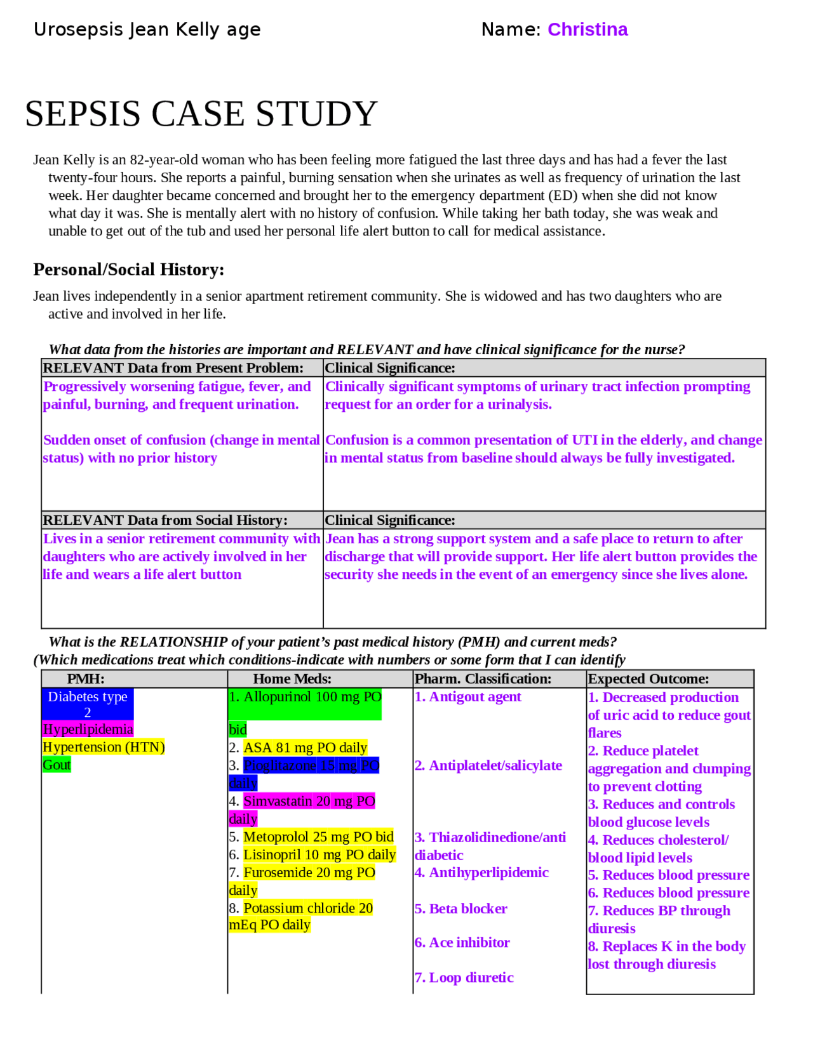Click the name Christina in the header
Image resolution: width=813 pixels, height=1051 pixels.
point(587,30)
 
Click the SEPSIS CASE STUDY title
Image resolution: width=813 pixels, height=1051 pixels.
point(201,114)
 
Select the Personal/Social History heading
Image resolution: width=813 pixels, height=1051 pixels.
point(128,270)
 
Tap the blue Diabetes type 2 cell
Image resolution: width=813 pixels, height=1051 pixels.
point(88,704)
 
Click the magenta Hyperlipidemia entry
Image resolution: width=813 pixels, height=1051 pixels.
point(88,729)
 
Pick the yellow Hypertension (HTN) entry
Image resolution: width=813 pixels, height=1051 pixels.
point(104,747)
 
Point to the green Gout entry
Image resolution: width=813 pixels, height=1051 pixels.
point(57,765)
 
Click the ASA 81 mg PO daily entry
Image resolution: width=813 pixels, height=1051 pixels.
point(305,748)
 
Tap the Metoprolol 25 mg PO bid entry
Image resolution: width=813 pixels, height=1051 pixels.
point(318,836)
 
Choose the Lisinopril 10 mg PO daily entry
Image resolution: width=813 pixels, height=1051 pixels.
point(319,854)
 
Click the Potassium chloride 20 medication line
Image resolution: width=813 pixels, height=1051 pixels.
point(308,908)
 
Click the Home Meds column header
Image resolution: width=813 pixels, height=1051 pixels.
point(292,678)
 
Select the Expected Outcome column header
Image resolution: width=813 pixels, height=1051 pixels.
point(648,678)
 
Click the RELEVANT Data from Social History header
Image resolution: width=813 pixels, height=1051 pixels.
point(165,520)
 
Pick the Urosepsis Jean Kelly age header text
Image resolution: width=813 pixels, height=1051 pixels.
point(147,30)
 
